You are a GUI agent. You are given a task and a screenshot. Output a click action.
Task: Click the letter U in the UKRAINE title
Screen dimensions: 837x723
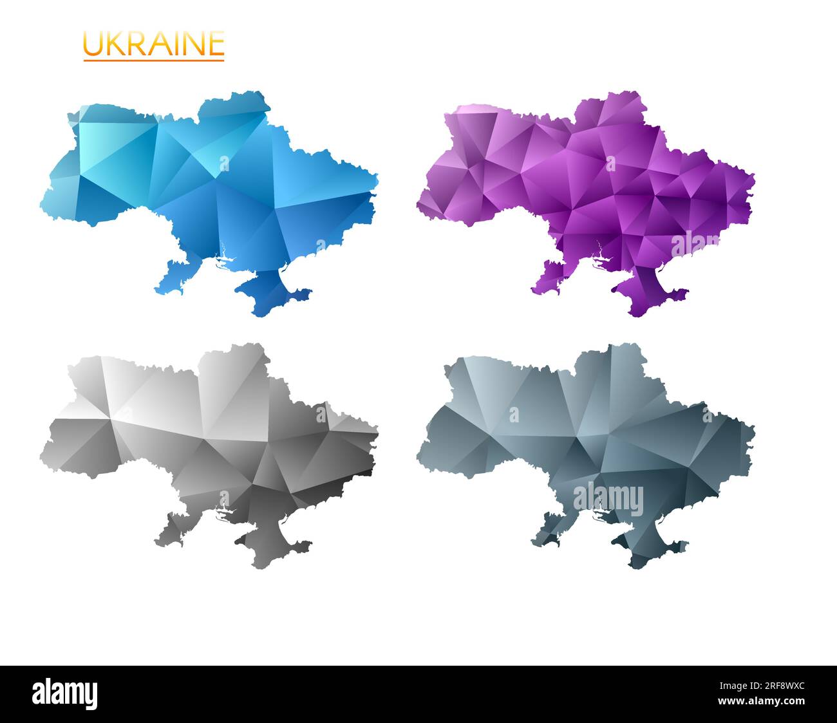[x=93, y=44]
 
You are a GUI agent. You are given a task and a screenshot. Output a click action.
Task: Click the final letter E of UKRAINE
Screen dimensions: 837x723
[x=216, y=44]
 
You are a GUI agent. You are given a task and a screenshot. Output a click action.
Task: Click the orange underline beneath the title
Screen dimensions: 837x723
[x=153, y=61]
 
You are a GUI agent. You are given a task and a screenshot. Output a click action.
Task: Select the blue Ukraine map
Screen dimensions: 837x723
[x=212, y=193]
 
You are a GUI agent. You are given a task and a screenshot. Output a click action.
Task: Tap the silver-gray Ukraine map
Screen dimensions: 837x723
[x=212, y=444]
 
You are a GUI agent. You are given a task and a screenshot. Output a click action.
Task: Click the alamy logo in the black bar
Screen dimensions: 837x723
[x=65, y=694]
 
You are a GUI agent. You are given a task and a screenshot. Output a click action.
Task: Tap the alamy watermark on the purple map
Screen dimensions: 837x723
[x=695, y=245]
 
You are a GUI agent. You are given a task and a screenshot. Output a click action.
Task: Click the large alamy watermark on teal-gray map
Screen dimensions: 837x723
[x=608, y=499]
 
